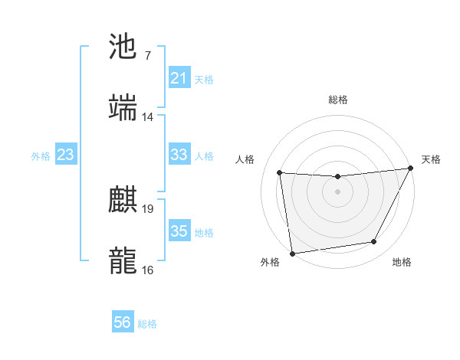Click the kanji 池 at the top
click(x=123, y=46)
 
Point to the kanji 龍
click(x=123, y=260)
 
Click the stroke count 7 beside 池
click(x=147, y=55)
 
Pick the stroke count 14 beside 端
click(x=148, y=117)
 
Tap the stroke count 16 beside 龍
click(x=148, y=270)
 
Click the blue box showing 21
click(x=179, y=78)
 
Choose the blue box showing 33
click(x=179, y=155)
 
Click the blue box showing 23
click(x=66, y=155)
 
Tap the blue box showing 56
click(x=123, y=322)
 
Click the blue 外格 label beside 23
click(x=41, y=155)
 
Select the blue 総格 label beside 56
click(x=147, y=324)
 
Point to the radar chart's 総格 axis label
click(x=337, y=100)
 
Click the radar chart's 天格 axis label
click(x=431, y=159)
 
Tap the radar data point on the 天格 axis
click(x=411, y=169)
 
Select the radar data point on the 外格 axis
click(x=292, y=253)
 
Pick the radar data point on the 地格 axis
click(x=374, y=242)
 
